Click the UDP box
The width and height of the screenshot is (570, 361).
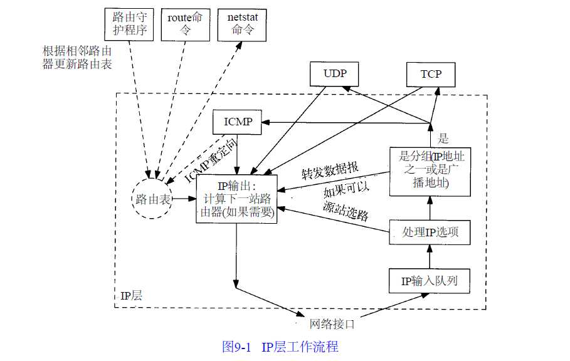335,74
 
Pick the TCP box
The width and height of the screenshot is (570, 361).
431,74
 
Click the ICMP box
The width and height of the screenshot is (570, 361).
238,122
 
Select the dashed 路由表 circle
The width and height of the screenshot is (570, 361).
153,199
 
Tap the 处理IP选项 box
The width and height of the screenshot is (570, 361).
430,233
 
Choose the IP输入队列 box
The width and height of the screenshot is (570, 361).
430,281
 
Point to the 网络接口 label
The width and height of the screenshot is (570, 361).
332,324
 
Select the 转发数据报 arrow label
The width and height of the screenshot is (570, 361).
330,171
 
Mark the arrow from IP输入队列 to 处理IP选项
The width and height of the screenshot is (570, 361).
430,256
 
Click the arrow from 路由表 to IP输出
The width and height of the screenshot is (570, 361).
185,199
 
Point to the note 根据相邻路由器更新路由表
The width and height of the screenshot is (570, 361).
77,57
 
